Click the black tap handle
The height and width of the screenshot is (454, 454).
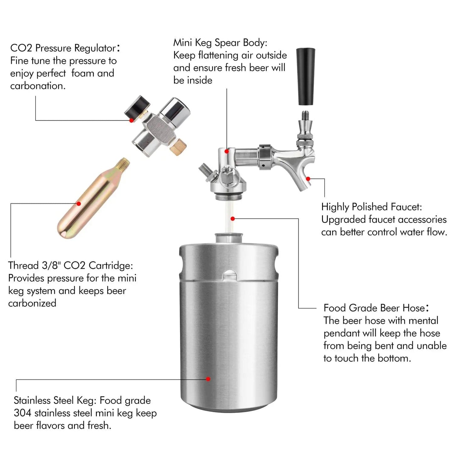306,77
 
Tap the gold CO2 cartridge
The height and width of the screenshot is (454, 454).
93,198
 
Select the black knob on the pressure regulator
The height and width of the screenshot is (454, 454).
137,107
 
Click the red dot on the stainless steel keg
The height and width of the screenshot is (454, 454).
208,379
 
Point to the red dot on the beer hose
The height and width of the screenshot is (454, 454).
232,219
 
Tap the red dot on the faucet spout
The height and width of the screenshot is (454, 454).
308,179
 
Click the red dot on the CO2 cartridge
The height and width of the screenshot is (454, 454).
79,204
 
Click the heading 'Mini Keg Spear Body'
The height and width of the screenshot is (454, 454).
220,43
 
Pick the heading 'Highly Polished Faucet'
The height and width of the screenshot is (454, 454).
372,207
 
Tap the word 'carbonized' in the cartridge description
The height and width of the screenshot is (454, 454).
32,303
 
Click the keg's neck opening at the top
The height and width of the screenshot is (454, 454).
228,238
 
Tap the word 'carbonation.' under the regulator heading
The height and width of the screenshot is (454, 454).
38,86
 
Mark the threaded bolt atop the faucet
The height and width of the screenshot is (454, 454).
306,115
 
